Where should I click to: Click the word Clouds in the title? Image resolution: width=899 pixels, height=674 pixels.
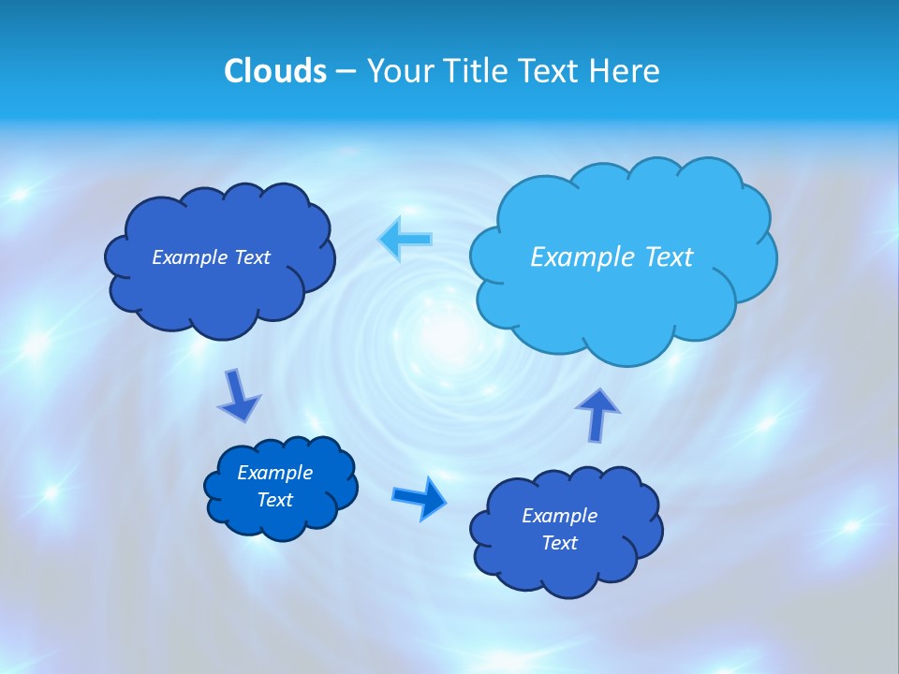pos(275,71)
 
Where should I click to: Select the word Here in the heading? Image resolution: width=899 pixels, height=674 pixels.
pos(625,71)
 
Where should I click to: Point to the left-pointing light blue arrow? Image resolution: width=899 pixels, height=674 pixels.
pos(405,239)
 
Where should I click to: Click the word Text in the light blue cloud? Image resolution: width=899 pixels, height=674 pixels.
pos(668,257)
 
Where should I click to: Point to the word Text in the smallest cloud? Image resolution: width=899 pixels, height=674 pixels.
pos(275,500)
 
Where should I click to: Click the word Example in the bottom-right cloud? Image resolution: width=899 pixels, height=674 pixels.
pos(559,516)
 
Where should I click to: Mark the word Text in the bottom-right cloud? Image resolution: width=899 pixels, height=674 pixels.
pos(559,543)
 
